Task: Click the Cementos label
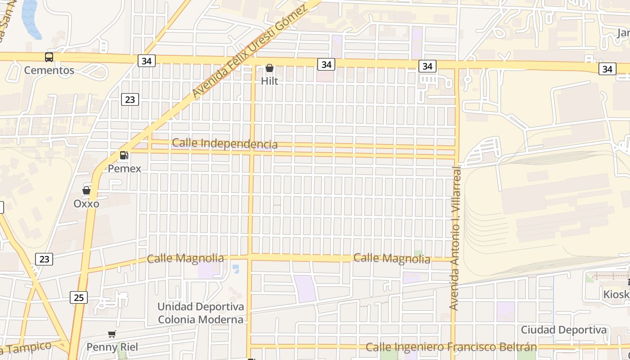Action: (x=49, y=71)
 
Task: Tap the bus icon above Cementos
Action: (x=49, y=57)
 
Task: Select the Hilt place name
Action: (x=270, y=81)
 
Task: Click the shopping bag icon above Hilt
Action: (x=270, y=68)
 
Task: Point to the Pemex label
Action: (x=124, y=169)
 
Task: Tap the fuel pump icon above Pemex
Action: (x=124, y=155)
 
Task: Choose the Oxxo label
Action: (x=86, y=204)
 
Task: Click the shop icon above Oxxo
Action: (x=86, y=190)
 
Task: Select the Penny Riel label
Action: (x=112, y=347)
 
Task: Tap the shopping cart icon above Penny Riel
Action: (x=112, y=334)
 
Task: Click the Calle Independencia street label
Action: (x=225, y=144)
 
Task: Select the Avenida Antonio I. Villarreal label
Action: (x=455, y=238)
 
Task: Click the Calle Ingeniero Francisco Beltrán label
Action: (x=451, y=347)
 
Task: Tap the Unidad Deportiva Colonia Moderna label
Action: (x=201, y=313)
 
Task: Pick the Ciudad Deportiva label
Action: (x=563, y=330)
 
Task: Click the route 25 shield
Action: (x=79, y=297)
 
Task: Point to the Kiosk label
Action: (x=616, y=294)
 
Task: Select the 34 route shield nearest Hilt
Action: (x=326, y=64)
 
